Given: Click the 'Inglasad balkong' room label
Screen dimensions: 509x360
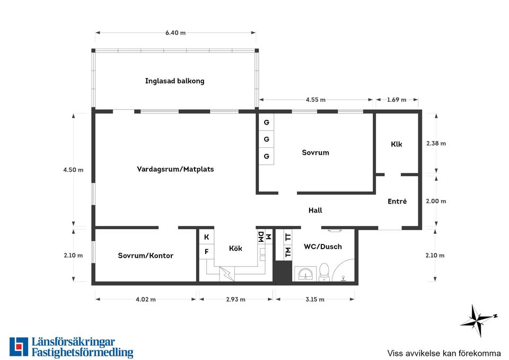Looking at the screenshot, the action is [174, 81].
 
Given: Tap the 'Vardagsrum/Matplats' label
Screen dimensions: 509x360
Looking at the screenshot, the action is [175, 169].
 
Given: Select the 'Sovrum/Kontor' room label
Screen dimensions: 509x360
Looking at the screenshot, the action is [145, 256].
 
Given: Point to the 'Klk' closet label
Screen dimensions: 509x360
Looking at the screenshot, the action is [397, 144].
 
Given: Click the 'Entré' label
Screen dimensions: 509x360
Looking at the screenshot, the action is [397, 201].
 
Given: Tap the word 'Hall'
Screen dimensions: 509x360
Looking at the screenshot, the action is [315, 210].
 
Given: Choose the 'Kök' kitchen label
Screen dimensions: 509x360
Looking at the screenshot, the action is [235, 248].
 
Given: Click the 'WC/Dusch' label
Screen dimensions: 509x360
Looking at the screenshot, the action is [323, 247].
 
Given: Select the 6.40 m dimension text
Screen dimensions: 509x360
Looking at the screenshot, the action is [175, 33].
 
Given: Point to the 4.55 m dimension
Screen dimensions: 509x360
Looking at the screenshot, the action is [315, 100].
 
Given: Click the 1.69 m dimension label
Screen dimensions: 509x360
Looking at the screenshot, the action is [397, 100].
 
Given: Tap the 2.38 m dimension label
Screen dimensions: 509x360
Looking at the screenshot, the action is [436, 143].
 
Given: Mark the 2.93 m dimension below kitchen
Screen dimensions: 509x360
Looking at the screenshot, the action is [235, 300].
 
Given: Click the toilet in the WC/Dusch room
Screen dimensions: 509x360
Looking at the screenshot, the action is [323, 272].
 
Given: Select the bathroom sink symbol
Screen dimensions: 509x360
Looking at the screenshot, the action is [305, 274].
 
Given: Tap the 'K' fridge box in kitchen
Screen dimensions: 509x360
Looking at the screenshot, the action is [206, 238].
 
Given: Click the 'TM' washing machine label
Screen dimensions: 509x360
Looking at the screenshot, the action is [287, 252].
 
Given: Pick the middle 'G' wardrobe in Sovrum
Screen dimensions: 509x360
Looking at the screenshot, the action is [266, 139].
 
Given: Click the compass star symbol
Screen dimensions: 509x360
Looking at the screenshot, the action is [478, 321].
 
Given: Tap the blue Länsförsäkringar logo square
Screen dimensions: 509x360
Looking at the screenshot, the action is [19, 347].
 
